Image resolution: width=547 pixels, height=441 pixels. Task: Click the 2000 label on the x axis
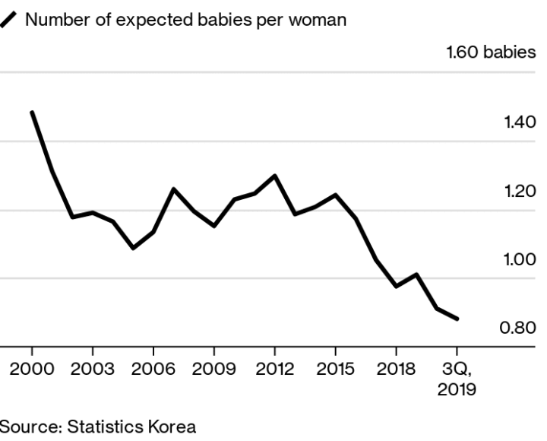coord(32,370)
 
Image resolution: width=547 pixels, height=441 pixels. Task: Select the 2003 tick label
coord(92,370)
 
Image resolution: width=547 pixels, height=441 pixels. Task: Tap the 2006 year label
coord(153,370)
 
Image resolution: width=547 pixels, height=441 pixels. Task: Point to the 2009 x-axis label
coord(213,370)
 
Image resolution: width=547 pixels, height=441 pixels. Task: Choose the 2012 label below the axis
coord(274,370)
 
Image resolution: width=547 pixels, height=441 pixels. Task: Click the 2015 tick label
coord(335,370)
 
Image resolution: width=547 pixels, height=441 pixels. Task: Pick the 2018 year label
coord(396,370)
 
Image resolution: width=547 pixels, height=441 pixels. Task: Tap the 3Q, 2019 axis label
coord(457,379)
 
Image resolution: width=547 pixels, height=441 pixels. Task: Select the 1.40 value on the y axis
coord(520,122)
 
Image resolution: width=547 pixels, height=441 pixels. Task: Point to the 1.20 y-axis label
coord(520,190)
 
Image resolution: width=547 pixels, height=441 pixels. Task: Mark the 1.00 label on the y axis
coord(520,259)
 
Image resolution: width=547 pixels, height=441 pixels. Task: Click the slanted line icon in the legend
coord(9,21)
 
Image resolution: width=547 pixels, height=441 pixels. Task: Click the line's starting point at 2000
coord(32,113)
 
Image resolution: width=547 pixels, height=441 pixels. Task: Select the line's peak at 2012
coord(274,176)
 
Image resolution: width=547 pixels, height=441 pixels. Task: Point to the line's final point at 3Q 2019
coord(457,319)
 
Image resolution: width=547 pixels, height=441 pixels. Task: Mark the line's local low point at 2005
coord(133,248)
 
